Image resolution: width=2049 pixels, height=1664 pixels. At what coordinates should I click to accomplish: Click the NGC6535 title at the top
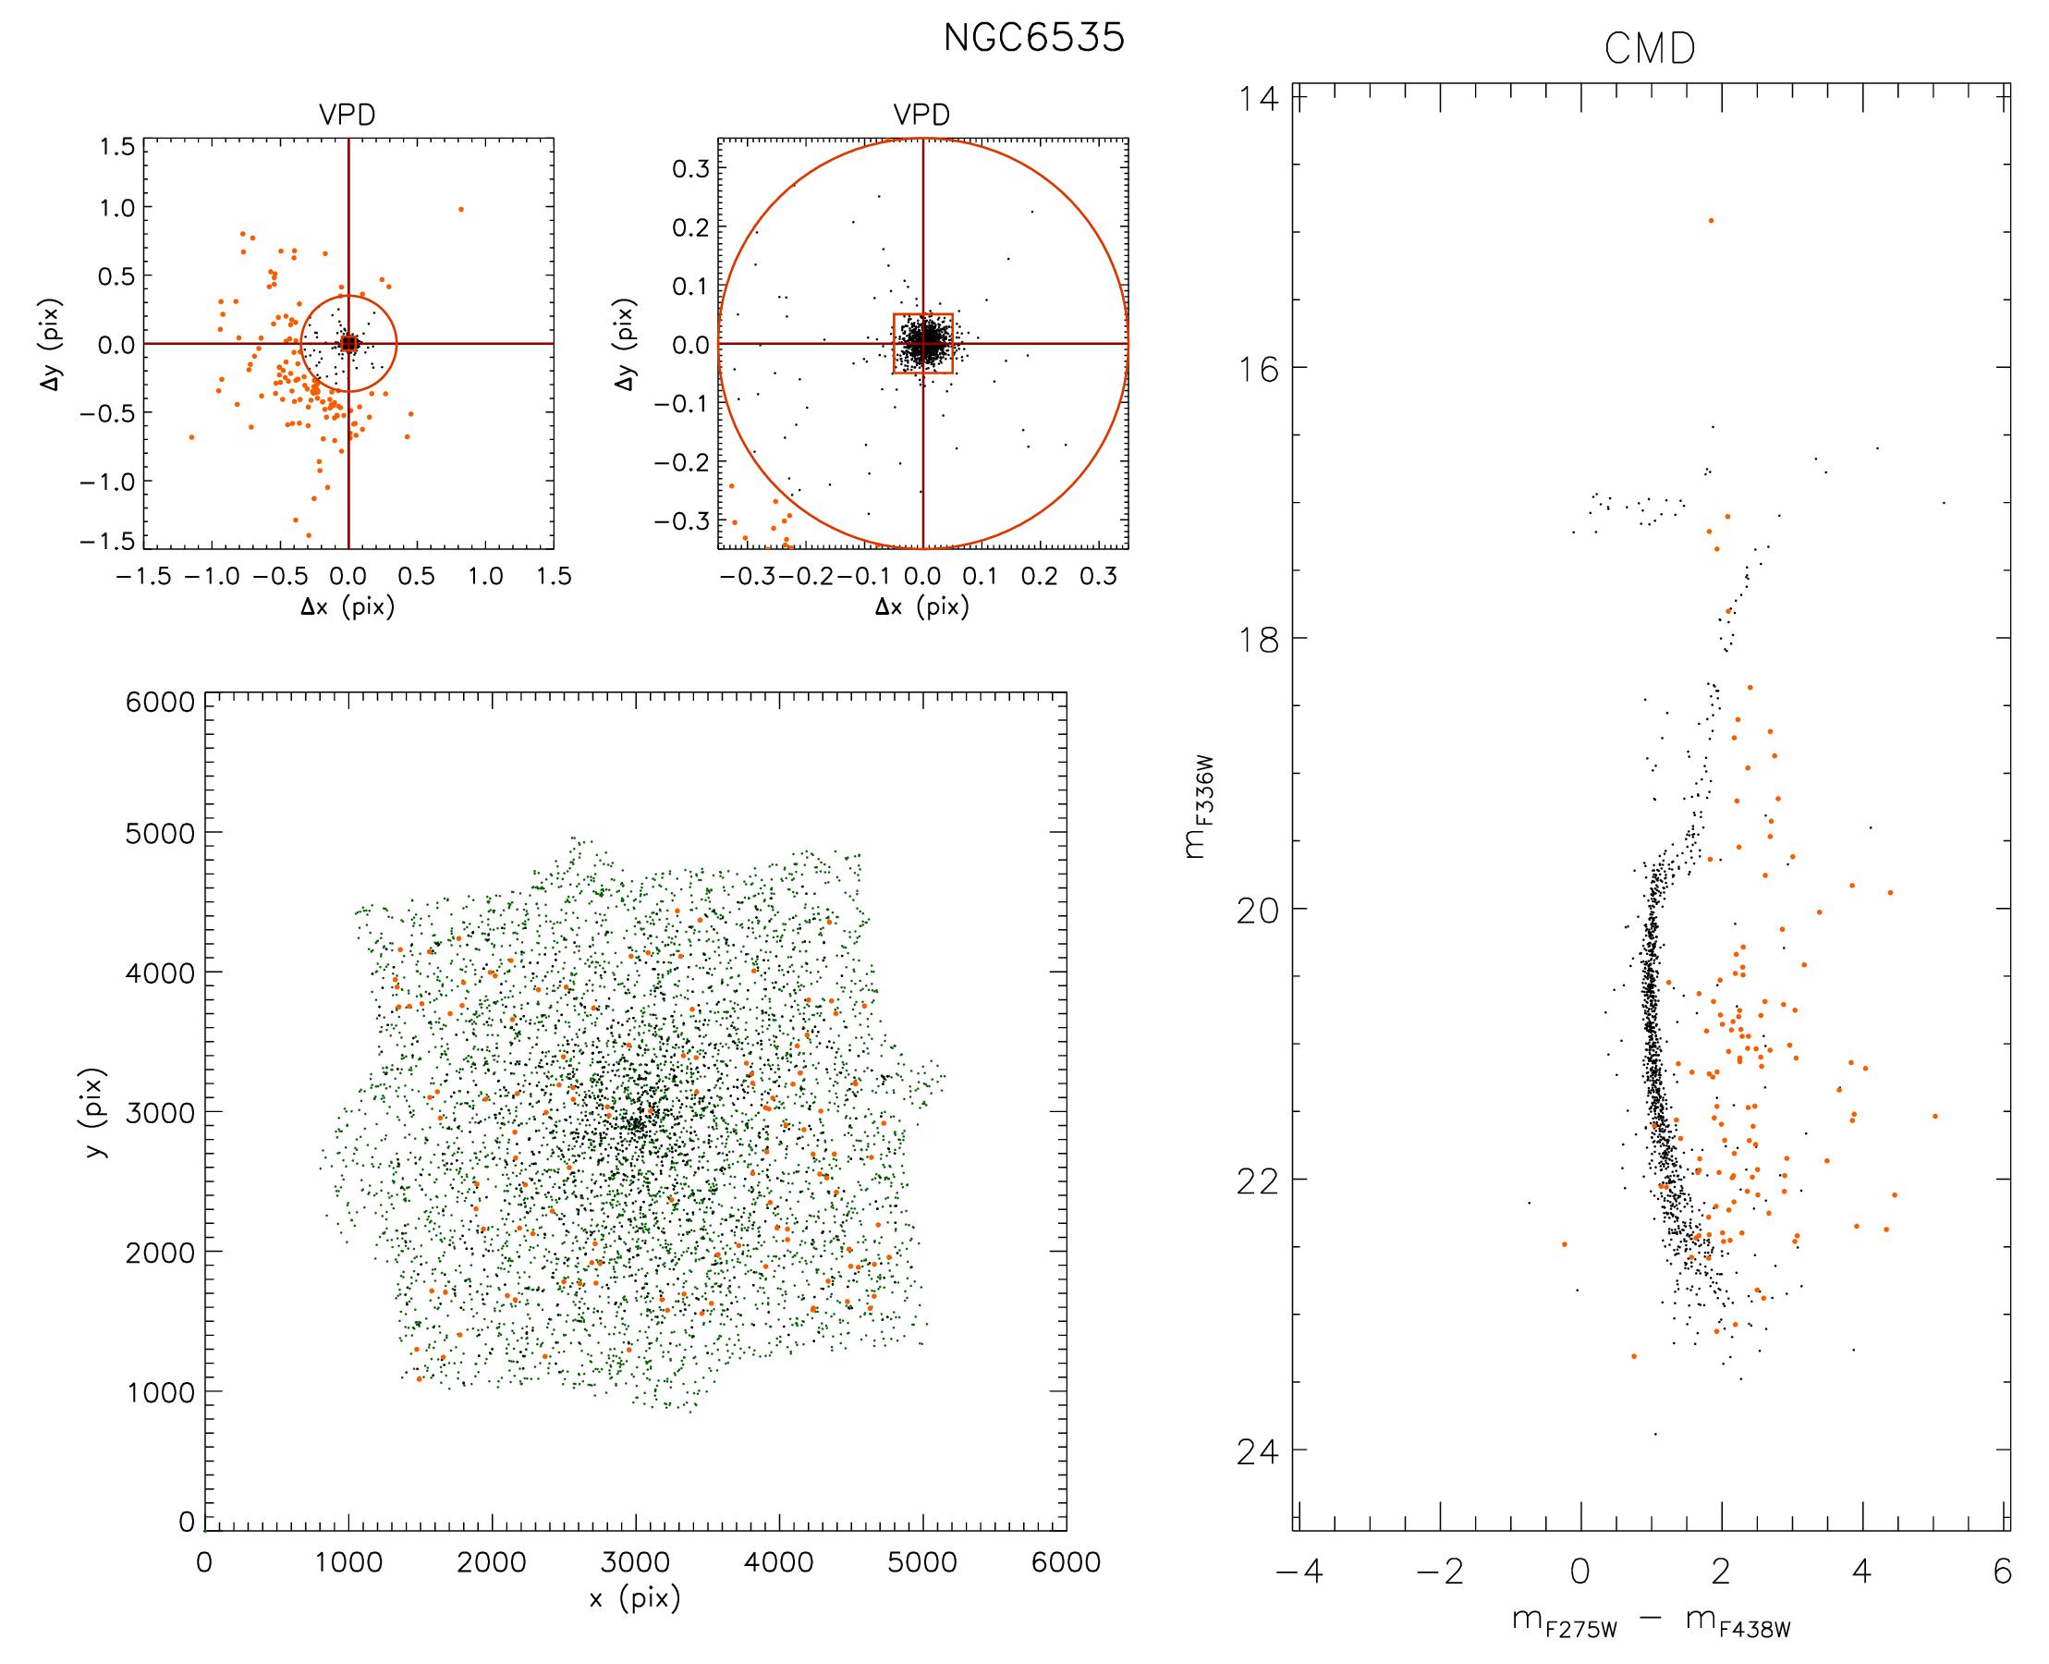tap(1033, 38)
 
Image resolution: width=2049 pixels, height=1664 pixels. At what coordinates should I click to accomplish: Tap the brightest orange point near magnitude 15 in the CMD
tap(1710, 220)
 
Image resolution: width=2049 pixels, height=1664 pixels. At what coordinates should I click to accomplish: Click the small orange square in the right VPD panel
tap(922, 343)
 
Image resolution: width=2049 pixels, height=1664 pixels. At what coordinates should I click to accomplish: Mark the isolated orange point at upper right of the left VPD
tap(460, 209)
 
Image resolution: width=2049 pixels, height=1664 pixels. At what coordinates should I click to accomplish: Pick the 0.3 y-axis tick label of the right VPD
tap(690, 168)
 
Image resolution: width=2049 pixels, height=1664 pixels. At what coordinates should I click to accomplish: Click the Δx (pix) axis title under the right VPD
tap(921, 606)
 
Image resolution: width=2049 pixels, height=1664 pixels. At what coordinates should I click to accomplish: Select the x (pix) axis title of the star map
tap(634, 1597)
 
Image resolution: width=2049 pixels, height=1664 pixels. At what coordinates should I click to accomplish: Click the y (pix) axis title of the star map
tap(96, 1111)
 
